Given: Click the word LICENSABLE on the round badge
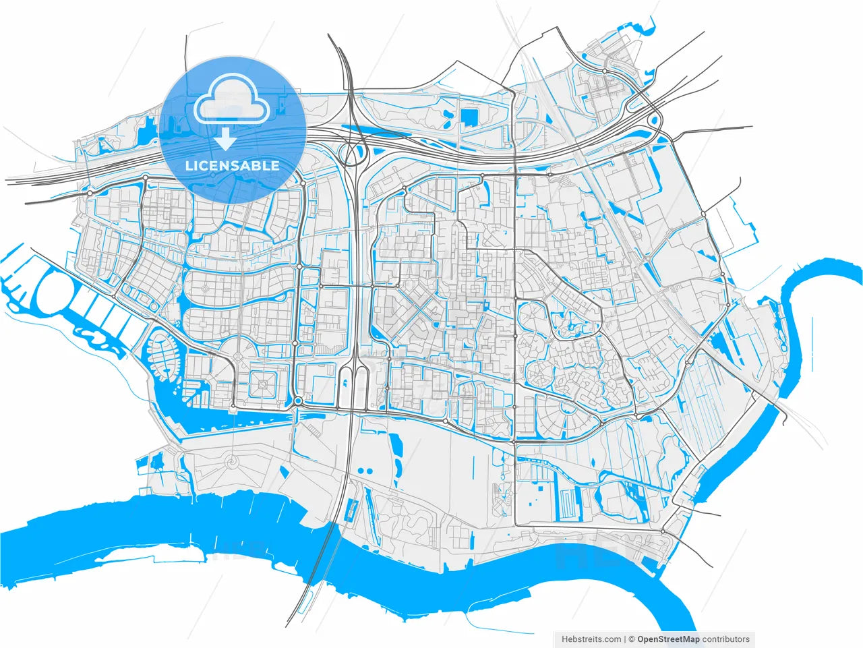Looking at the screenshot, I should click(233, 165).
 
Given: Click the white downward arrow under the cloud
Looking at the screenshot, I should click(226, 139).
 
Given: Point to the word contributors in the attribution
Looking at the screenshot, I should click(725, 639).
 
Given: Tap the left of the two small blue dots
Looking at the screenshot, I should click(360, 471).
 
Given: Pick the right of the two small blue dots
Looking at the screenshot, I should click(370, 471).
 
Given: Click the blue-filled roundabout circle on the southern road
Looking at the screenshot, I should click(297, 402).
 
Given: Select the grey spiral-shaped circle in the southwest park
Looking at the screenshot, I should click(233, 462).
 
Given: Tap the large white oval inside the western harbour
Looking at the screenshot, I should click(54, 295).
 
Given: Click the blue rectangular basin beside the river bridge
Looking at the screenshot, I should click(351, 509).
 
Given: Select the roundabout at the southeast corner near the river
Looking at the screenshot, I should click(663, 532).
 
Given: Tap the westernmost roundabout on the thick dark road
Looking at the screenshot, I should click(90, 194).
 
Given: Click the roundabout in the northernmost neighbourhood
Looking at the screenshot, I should click(605, 71).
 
